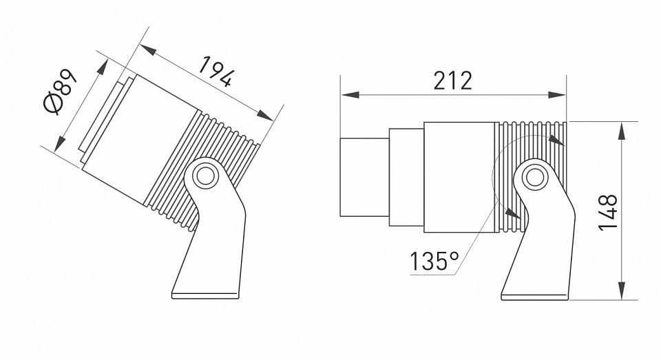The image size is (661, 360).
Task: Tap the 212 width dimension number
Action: coord(452,81)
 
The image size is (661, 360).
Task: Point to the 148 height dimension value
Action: coord(608,212)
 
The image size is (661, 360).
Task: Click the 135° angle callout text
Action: coord(434,262)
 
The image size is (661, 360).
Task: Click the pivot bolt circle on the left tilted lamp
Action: coord(204,176)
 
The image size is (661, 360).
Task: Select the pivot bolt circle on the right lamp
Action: coord(532,177)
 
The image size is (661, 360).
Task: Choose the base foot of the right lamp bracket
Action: coord(537,295)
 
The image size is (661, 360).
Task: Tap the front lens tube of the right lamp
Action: coord(364,177)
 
